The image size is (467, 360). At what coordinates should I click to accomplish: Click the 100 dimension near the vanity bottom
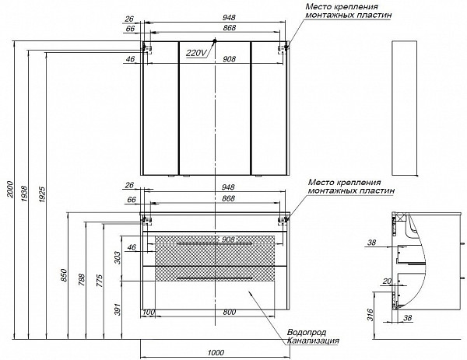(147, 312)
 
